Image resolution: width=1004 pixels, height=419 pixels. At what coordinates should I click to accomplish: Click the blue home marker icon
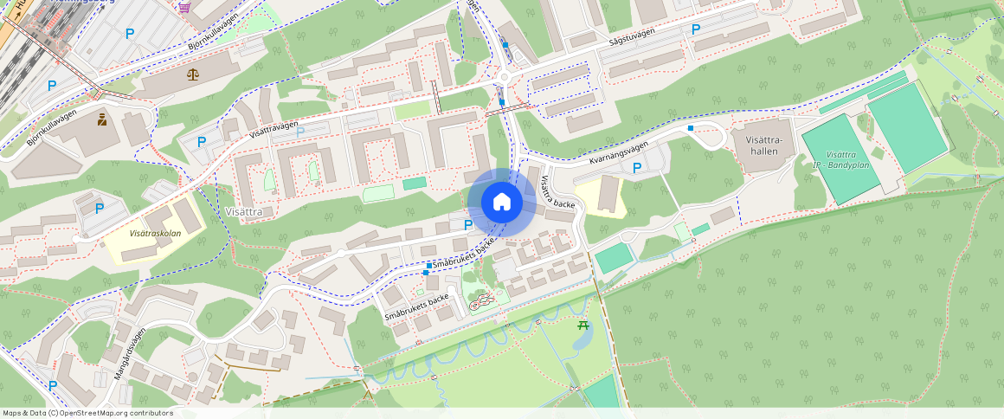tap(501, 203)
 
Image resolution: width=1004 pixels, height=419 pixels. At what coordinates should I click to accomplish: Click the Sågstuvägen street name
tap(632, 39)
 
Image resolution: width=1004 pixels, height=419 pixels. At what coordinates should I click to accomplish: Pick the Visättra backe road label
tap(557, 192)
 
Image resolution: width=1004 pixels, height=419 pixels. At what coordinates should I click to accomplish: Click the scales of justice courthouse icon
tap(192, 74)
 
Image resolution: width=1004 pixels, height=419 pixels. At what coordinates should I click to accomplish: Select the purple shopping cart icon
tap(184, 7)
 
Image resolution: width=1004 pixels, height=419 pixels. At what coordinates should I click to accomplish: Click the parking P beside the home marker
tap(468, 225)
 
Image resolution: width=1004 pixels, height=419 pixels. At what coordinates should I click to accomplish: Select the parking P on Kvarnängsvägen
tap(637, 168)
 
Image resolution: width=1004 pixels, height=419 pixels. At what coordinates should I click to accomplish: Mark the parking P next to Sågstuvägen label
tap(695, 29)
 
